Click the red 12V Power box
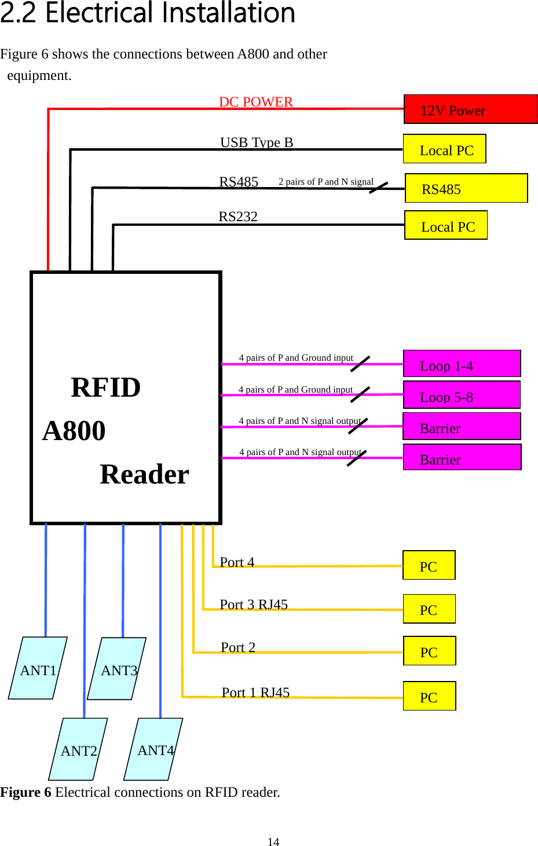pyautogui.click(x=470, y=109)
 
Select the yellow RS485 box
pyautogui.click(x=466, y=188)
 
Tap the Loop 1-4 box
pyautogui.click(x=462, y=364)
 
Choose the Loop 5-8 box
pyautogui.click(x=462, y=395)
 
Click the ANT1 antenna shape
pyautogui.click(x=38, y=668)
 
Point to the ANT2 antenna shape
pyautogui.click(x=78, y=749)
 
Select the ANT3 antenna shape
pyautogui.click(x=117, y=669)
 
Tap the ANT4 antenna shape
pyautogui.click(x=153, y=749)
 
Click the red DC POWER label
pyautogui.click(x=256, y=102)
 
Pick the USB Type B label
pyautogui.click(x=257, y=142)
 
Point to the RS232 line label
pyautogui.click(x=238, y=217)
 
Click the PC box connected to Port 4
pyautogui.click(x=429, y=565)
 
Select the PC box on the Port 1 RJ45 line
pyautogui.click(x=429, y=696)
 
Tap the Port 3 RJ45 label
pyautogui.click(x=254, y=605)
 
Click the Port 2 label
pyautogui.click(x=238, y=647)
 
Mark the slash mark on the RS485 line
pyautogui.click(x=379, y=188)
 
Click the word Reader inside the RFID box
pyautogui.click(x=144, y=474)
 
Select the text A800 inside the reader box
pyautogui.click(x=74, y=431)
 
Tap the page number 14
pyautogui.click(x=273, y=842)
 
